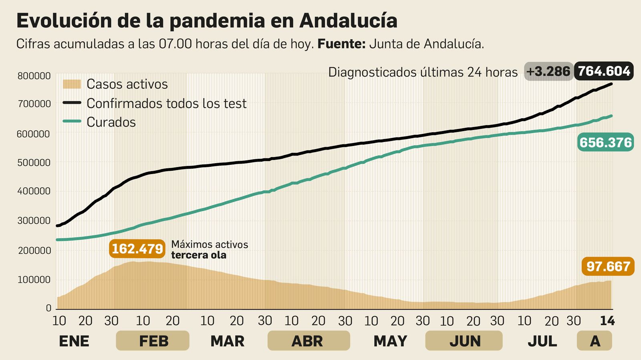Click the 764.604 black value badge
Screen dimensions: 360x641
[x=604, y=71]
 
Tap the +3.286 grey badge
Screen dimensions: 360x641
[x=548, y=71]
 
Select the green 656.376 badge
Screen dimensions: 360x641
[x=605, y=142]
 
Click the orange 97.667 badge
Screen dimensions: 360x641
[x=608, y=266]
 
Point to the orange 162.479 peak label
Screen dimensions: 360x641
[x=137, y=249]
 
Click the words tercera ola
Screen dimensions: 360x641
[x=199, y=255]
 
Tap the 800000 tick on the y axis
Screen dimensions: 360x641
[x=34, y=76]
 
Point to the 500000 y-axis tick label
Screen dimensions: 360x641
[x=34, y=163]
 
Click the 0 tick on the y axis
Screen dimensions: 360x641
[x=48, y=308]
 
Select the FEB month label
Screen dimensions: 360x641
[x=153, y=341]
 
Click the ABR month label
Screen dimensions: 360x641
[x=307, y=341]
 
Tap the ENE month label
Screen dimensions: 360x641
[x=74, y=341]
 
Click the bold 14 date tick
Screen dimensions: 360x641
[x=607, y=321]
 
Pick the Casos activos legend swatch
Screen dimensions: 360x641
[x=72, y=84]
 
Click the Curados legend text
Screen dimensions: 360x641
[x=111, y=122]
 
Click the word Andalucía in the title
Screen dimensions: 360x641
[x=348, y=21]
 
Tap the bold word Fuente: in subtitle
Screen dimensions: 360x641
[x=341, y=44]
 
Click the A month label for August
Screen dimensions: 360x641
[x=595, y=341]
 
